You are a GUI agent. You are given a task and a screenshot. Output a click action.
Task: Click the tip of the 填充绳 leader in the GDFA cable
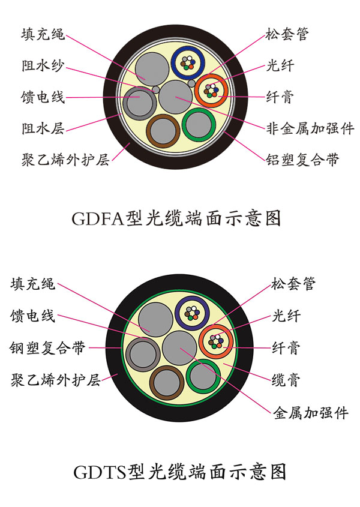(x=145, y=80)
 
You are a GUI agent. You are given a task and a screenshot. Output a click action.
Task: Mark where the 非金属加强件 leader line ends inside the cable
(x=176, y=97)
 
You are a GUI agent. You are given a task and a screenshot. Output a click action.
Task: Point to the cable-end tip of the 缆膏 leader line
(x=223, y=364)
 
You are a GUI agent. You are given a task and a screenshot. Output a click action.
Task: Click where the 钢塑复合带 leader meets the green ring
(x=122, y=348)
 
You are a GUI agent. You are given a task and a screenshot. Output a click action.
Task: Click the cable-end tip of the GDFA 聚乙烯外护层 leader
(x=130, y=143)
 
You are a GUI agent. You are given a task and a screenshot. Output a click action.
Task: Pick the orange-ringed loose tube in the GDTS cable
(x=216, y=341)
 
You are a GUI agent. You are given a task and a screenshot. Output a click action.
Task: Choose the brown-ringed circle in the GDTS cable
(x=167, y=383)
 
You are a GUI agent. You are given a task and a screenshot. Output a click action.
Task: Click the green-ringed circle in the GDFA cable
(x=199, y=125)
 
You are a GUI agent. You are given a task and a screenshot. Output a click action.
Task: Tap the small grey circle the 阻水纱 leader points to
(x=156, y=89)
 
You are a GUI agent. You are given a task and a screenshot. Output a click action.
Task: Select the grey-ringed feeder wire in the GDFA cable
(x=140, y=103)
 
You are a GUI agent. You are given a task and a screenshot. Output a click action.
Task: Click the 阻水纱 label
(x=43, y=65)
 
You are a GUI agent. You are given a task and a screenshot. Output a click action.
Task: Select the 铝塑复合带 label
(x=302, y=160)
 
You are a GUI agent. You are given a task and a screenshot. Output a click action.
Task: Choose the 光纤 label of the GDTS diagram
(x=286, y=316)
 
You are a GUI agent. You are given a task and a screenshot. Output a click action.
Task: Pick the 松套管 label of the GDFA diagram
(x=287, y=34)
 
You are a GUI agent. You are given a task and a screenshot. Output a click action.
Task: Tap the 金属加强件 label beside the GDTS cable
(x=311, y=413)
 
